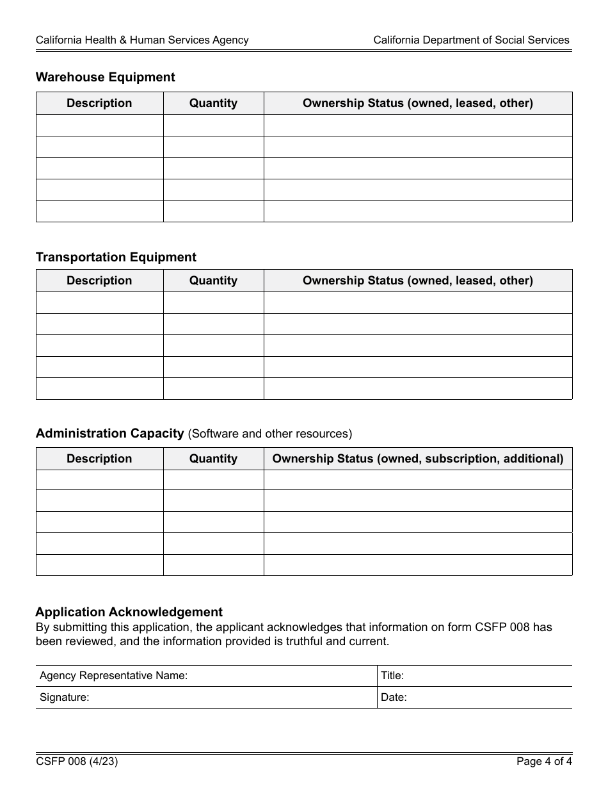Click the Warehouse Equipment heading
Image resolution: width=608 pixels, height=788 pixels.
[105, 78]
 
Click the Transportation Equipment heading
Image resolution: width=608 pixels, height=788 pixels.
[116, 258]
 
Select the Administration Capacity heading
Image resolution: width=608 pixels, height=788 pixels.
[109, 434]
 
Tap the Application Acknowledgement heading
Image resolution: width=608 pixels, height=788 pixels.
[129, 612]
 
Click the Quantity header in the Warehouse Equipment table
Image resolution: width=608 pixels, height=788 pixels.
[213, 103]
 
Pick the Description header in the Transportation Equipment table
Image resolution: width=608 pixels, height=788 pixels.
[99, 281]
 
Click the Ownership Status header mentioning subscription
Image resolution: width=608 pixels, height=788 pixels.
[418, 459]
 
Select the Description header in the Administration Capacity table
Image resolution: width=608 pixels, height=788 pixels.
[99, 459]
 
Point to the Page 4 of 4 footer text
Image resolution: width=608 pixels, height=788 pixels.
[544, 762]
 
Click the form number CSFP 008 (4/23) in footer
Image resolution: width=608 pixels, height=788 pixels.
[77, 762]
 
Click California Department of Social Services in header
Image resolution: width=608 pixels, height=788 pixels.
[471, 40]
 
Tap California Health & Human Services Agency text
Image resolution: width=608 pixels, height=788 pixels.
[142, 40]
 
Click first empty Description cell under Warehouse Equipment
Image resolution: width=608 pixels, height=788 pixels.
[99, 126]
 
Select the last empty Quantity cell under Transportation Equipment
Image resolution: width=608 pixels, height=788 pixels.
[213, 389]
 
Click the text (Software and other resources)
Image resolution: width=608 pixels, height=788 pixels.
[269, 434]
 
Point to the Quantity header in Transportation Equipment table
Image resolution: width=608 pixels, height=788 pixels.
[213, 281]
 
